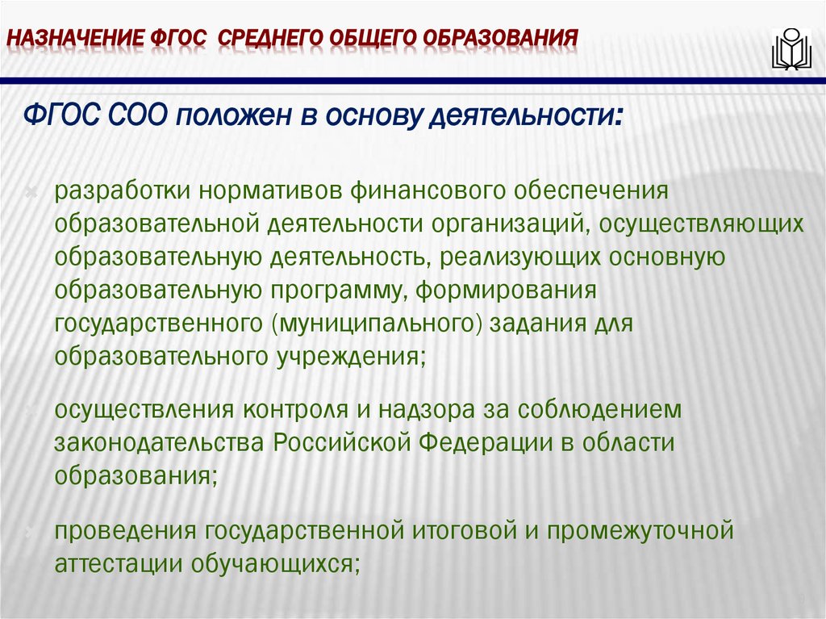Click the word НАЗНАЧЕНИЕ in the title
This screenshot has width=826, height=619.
point(74,38)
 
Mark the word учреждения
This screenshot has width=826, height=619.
point(354,356)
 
